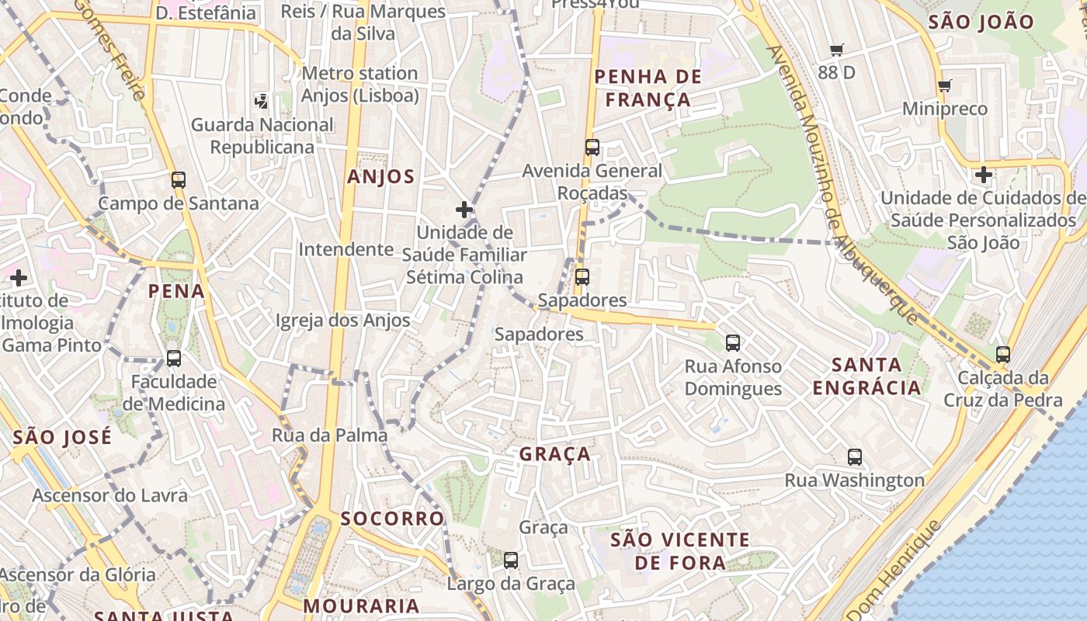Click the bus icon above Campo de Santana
pyautogui.click(x=179, y=180)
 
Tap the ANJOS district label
pyautogui.click(x=380, y=177)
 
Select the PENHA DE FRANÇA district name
pyautogui.click(x=648, y=88)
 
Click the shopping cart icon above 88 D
pyautogui.click(x=836, y=50)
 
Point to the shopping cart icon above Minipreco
pyautogui.click(x=944, y=86)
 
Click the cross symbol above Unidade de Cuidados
pyautogui.click(x=983, y=175)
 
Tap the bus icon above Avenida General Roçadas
pyautogui.click(x=592, y=147)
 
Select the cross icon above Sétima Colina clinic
pyautogui.click(x=464, y=210)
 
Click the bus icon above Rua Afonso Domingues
pyautogui.click(x=732, y=342)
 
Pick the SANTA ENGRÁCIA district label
pyautogui.click(x=866, y=376)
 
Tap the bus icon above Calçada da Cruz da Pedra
pyautogui.click(x=1003, y=355)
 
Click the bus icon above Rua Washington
pyautogui.click(x=855, y=457)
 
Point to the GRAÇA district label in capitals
pyautogui.click(x=555, y=455)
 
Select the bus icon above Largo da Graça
pyautogui.click(x=511, y=560)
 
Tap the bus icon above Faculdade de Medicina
pyautogui.click(x=174, y=359)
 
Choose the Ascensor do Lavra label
pyautogui.click(x=109, y=495)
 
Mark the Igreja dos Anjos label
pyautogui.click(x=342, y=321)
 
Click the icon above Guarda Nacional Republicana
pyautogui.click(x=262, y=100)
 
